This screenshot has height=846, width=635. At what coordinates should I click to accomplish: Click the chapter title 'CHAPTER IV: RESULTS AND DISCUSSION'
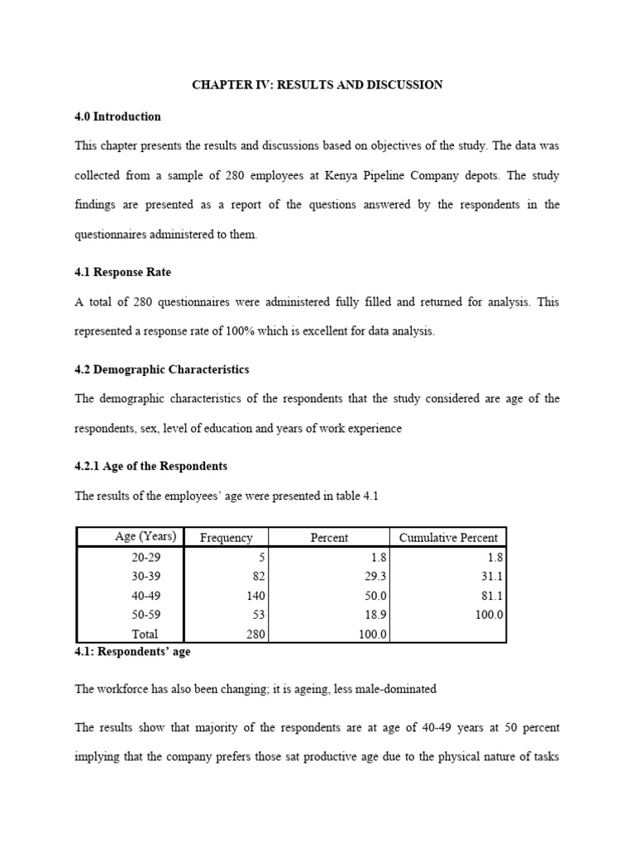click(317, 85)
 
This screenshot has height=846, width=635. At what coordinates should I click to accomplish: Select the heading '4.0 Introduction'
click(117, 116)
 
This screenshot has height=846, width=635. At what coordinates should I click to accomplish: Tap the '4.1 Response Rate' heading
click(123, 271)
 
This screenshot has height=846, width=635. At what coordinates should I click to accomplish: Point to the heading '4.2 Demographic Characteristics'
click(162, 369)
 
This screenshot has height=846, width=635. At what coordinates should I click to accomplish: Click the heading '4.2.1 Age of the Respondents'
click(151, 466)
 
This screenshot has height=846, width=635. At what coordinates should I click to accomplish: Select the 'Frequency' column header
click(227, 538)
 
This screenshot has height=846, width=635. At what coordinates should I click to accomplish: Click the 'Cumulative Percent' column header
click(448, 538)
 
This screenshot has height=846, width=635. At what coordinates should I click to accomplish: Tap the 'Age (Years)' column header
click(146, 537)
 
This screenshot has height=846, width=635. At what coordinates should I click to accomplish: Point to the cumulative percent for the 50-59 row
click(488, 615)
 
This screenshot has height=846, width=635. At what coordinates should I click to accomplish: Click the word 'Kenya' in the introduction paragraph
click(368, 175)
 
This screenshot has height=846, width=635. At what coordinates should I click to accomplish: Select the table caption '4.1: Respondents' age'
click(133, 652)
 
